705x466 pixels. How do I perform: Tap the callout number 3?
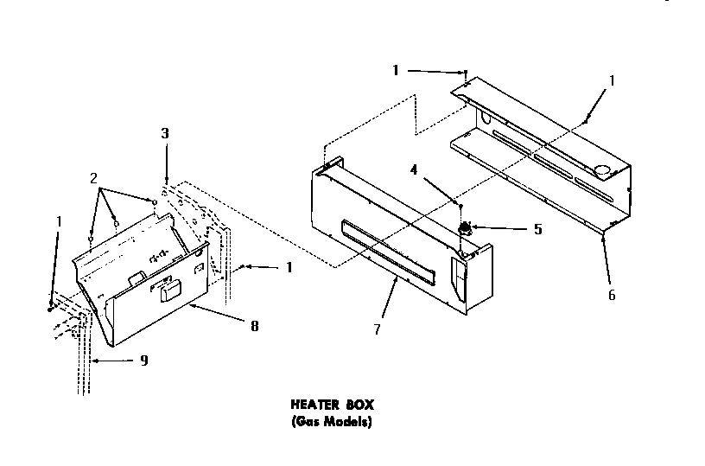click(165, 134)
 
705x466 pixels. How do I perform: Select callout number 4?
click(415, 171)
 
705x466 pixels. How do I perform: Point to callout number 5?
click(537, 230)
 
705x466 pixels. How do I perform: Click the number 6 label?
click(612, 295)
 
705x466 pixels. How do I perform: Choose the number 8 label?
click(254, 326)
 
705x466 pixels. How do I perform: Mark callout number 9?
click(143, 361)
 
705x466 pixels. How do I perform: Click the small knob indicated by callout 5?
click(466, 229)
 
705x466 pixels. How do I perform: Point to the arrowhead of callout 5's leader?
click(474, 228)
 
